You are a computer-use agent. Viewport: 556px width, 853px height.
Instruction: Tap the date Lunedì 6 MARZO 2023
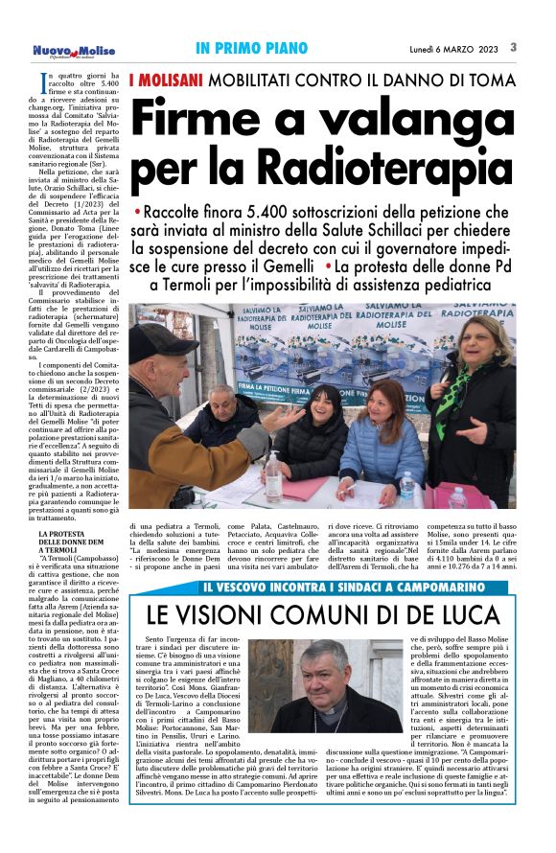pos(454,48)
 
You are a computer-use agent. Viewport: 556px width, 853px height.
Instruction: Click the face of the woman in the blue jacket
pos(391,403)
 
